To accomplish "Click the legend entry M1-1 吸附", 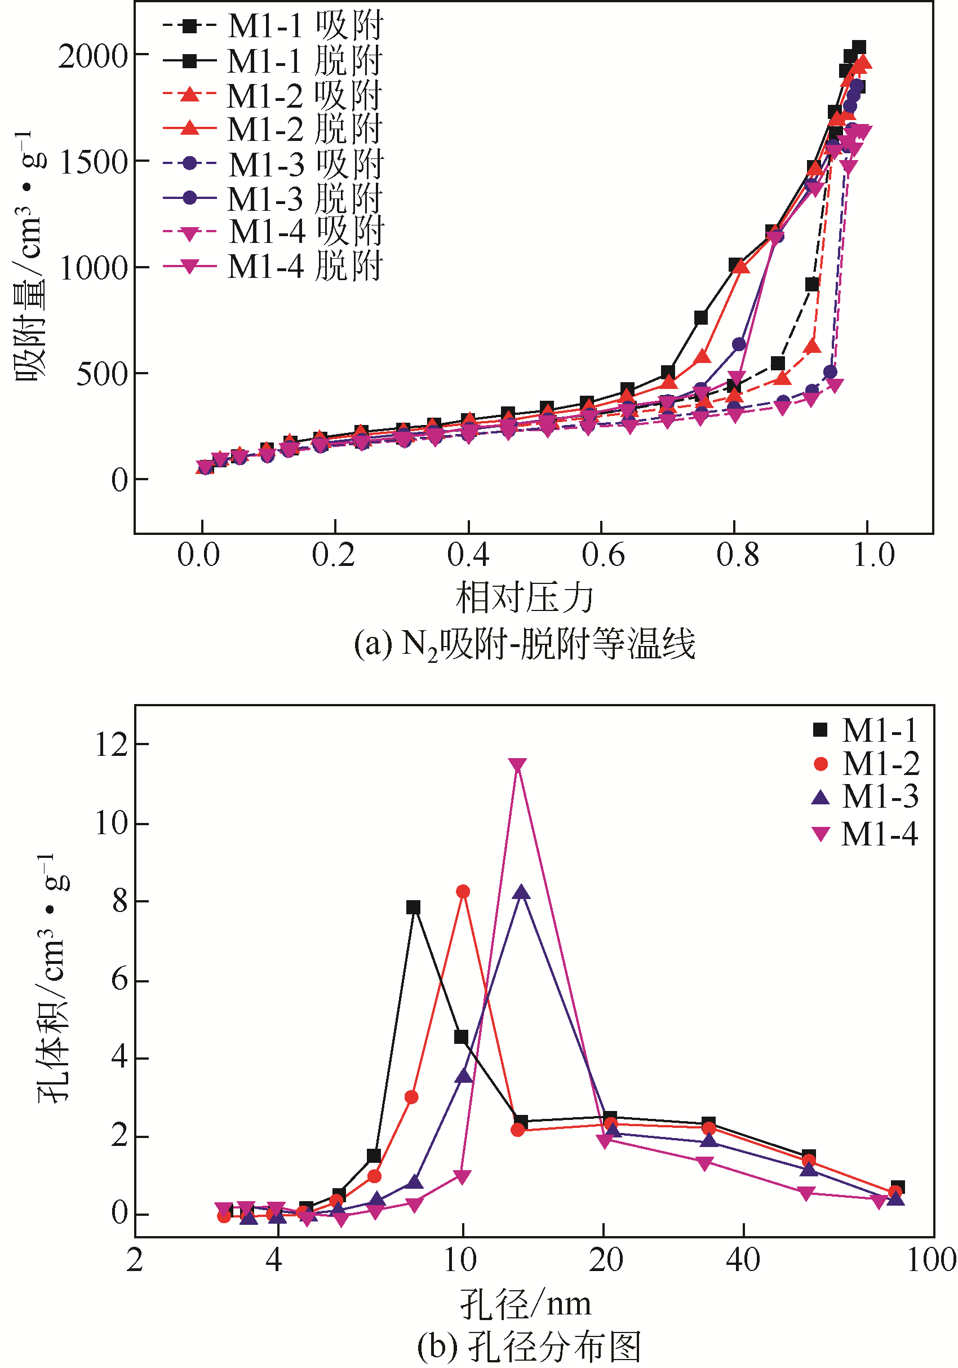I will tap(273, 26).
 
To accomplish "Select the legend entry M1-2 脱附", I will tap(273, 129).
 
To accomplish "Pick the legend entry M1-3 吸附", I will tap(273, 164).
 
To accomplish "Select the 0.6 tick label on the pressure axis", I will tap(602, 555).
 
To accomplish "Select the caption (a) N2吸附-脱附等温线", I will tap(524, 645).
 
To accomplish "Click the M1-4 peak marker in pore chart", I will tap(518, 765).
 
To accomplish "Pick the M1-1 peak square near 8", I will tap(414, 907).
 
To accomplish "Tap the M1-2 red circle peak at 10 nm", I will tap(463, 891).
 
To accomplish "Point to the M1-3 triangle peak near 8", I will tap(522, 892).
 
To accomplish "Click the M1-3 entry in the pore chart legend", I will tap(865, 797).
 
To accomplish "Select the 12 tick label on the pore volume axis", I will tap(112, 745).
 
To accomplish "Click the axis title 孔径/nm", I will tap(525, 1304).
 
